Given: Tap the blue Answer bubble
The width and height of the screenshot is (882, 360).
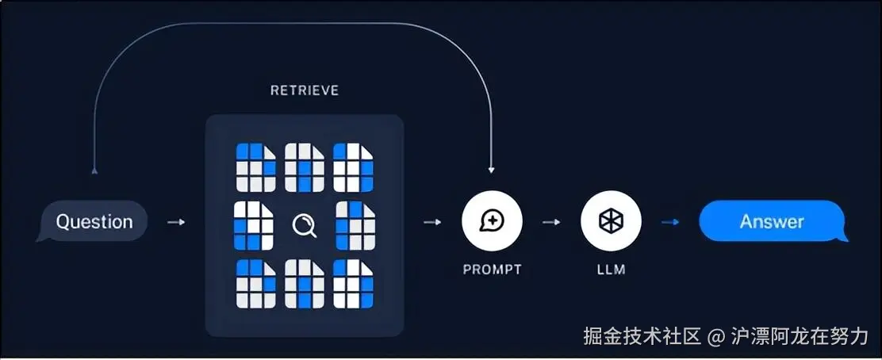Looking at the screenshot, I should click(771, 222).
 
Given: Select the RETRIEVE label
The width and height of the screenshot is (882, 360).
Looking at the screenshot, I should click(305, 90).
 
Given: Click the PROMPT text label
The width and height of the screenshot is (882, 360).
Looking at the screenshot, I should click(493, 270).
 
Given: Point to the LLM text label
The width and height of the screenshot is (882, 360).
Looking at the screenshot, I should click(611, 270).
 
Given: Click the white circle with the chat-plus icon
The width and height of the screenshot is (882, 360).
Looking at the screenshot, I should click(493, 222).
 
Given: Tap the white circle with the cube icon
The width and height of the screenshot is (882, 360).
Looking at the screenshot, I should click(611, 222).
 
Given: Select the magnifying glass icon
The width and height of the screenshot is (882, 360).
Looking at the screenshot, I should click(304, 226).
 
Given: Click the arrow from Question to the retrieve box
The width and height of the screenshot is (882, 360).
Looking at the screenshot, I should click(176, 223).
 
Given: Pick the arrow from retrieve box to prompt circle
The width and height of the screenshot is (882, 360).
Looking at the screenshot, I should click(433, 223).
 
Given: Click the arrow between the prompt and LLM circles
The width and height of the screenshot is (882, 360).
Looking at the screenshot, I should click(551, 223).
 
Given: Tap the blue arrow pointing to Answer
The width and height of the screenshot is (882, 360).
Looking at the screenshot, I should click(670, 223).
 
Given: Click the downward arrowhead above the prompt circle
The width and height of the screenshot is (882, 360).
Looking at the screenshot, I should click(492, 170).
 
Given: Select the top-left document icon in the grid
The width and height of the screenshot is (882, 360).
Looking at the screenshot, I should click(256, 167).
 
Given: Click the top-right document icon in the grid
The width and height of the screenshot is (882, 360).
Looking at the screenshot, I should click(353, 167).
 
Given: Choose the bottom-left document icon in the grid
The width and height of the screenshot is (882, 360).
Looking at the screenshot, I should click(256, 283).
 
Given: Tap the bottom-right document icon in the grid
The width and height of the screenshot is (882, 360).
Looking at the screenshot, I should click(353, 283).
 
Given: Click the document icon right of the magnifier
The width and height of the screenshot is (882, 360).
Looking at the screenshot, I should click(355, 225).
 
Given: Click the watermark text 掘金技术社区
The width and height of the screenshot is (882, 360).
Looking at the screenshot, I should click(642, 336).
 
